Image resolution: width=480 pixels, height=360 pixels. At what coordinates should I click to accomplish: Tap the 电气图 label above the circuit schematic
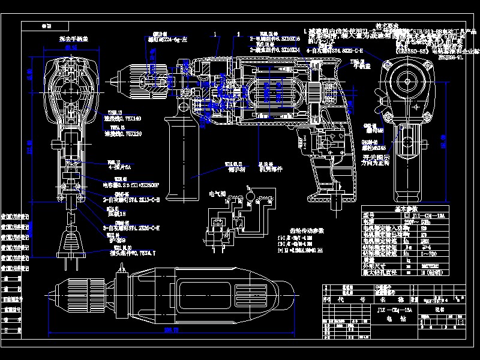[217, 194]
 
